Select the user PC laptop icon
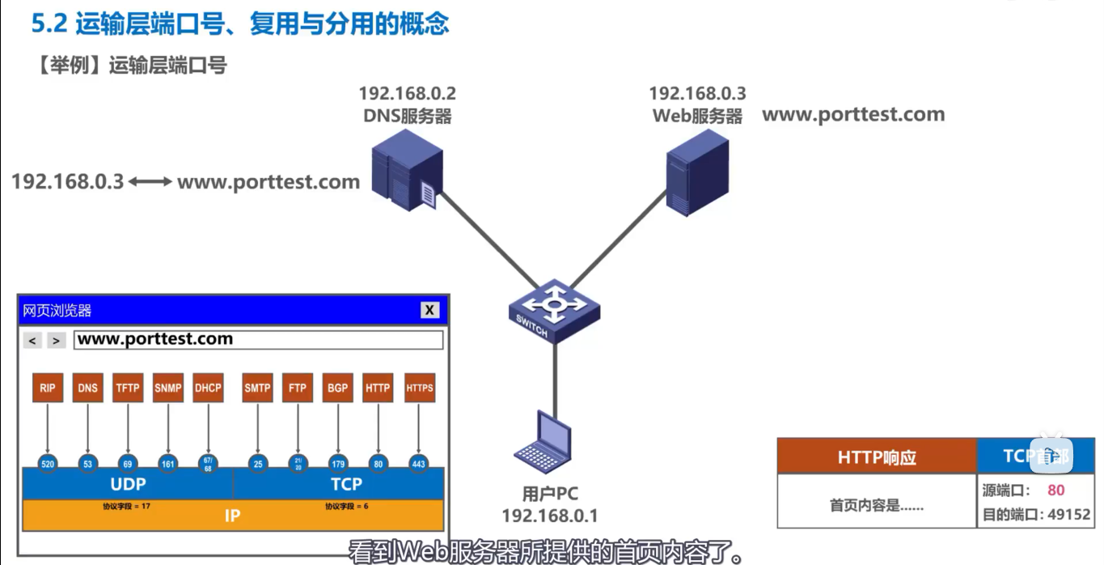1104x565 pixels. click(x=544, y=443)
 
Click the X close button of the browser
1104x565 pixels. click(x=429, y=310)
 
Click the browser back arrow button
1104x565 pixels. click(x=32, y=341)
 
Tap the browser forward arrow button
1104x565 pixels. click(x=56, y=341)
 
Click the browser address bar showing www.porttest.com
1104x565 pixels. click(x=258, y=340)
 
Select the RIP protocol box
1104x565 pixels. click(x=48, y=388)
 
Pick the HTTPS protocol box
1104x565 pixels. click(x=419, y=388)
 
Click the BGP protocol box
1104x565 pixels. click(x=337, y=388)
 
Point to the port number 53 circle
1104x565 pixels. click(x=87, y=465)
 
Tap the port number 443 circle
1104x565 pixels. click(x=418, y=465)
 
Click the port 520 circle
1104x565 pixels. click(x=48, y=465)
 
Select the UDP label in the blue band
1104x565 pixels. click(x=128, y=484)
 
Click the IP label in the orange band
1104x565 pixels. click(x=232, y=516)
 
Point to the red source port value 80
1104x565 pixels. click(x=1055, y=490)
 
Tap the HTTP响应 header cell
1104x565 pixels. click(x=877, y=457)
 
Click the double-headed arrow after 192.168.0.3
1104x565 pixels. click(x=150, y=182)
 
